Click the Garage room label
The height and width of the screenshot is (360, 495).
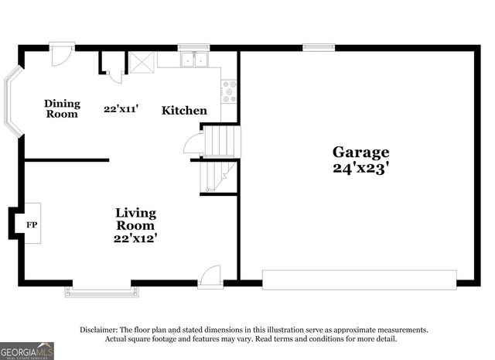tap(360, 152)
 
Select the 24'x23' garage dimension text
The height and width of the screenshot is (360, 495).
tap(360, 166)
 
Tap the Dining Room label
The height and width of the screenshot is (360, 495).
tap(61, 108)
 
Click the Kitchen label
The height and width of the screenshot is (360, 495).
tap(184, 111)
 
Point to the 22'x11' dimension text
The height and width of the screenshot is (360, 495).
tap(121, 109)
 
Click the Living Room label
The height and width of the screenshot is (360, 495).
tap(135, 218)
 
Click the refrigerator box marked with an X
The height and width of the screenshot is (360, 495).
tap(141, 62)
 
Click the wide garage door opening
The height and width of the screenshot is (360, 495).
tap(359, 279)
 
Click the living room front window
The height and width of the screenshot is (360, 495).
tap(102, 290)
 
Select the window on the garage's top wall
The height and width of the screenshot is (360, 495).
tap(313, 46)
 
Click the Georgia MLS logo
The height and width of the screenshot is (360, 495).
tap(27, 351)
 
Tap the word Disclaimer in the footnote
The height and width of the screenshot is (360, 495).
tap(99, 330)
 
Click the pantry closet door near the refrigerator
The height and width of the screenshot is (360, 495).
tap(114, 74)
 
